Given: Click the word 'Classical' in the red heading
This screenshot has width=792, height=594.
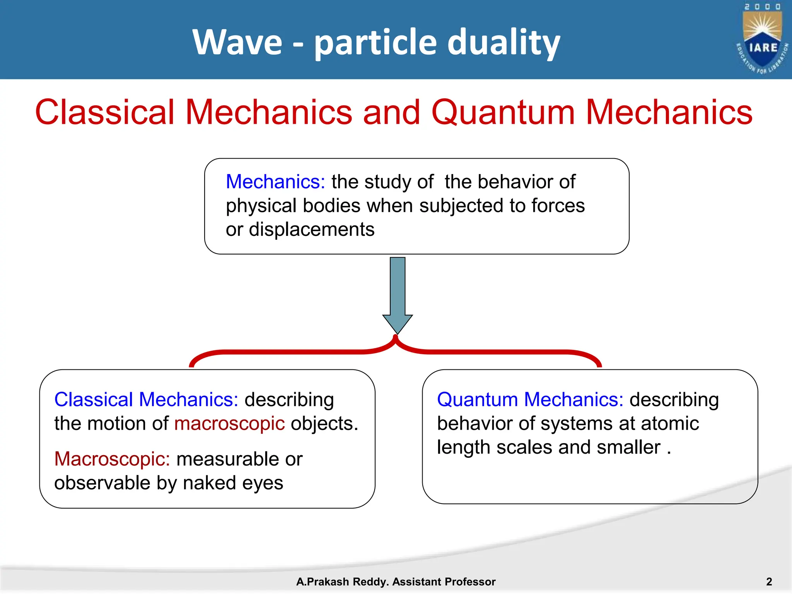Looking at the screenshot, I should click(105, 112).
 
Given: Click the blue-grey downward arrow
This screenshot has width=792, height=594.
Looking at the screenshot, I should click(398, 294).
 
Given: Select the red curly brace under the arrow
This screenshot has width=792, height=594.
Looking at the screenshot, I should click(395, 350).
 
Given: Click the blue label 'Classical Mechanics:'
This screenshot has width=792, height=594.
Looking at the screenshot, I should click(146, 399).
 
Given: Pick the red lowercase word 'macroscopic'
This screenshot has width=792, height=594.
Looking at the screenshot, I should click(229, 423).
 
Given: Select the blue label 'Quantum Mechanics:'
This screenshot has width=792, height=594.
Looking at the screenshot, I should click(530, 399).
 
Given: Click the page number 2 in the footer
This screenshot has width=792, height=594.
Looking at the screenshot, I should click(769, 581).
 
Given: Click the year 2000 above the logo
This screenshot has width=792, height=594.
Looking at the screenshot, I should click(762, 7).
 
